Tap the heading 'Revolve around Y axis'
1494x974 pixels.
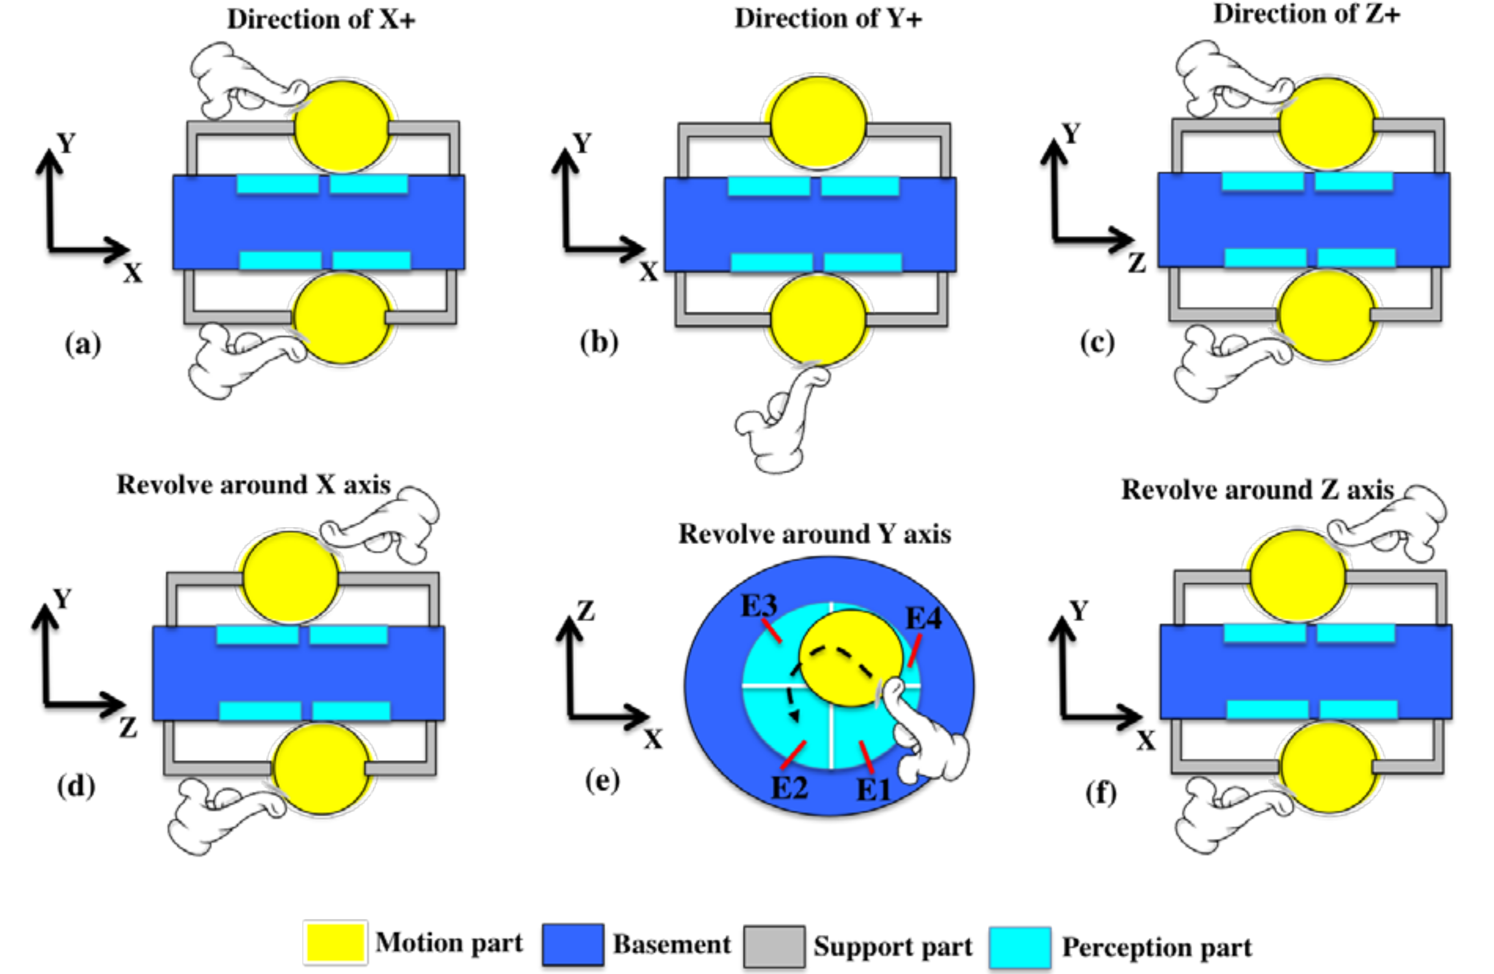(x=815, y=534)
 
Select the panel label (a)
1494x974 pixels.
(x=83, y=344)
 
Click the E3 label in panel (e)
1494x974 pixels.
(x=759, y=606)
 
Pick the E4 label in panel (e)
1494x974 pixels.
(x=923, y=618)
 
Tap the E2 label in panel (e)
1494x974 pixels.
(x=789, y=787)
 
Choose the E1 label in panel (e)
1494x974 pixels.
(x=873, y=789)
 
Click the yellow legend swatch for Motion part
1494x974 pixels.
(x=335, y=943)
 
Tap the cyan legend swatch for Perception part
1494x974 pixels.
(x=1019, y=947)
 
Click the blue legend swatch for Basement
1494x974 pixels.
(x=573, y=944)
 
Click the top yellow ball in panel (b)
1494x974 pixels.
(x=818, y=124)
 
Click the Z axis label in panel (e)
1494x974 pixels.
(x=586, y=610)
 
